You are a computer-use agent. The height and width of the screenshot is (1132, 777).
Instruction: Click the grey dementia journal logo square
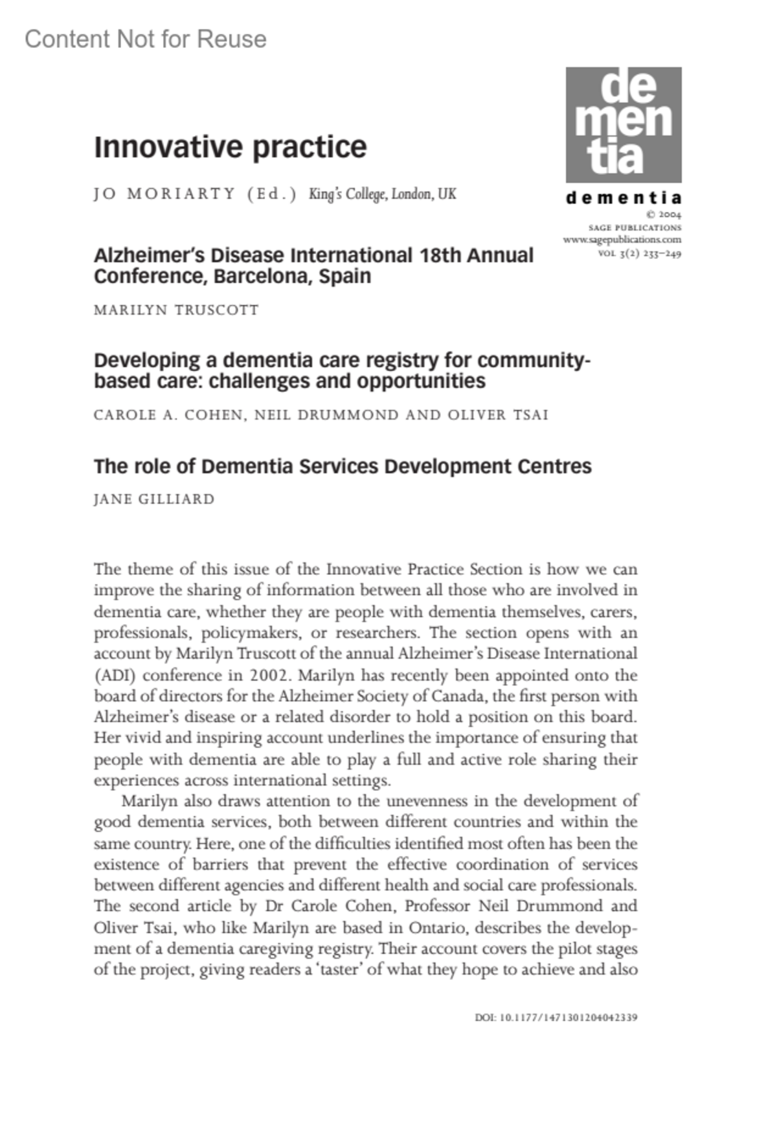click(x=624, y=124)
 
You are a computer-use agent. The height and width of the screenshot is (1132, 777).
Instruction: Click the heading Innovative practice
click(x=230, y=147)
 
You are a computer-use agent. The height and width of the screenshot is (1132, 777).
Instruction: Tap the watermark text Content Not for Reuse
click(x=146, y=40)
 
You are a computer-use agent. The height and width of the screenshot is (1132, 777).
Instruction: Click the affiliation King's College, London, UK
click(x=382, y=194)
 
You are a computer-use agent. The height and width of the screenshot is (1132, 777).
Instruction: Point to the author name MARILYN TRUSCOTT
click(x=176, y=310)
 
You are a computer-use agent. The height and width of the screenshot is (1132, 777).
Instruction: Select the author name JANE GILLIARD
click(x=154, y=499)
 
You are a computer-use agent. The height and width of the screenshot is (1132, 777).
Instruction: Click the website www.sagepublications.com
click(x=622, y=240)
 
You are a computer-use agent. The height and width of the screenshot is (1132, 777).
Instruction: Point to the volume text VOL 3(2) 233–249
click(x=639, y=253)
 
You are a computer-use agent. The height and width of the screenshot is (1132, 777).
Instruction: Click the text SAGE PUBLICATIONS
click(x=635, y=227)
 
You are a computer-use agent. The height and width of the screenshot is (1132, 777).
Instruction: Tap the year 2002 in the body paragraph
click(x=269, y=675)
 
